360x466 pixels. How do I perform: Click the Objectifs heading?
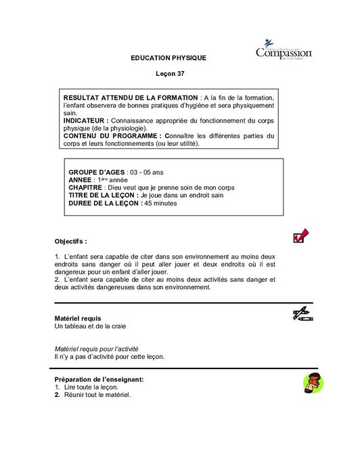point(70,241)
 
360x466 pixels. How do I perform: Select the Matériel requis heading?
point(77,318)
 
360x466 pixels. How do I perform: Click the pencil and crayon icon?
point(301,314)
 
